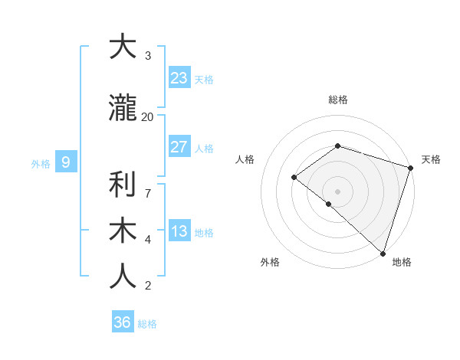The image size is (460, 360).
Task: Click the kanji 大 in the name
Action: [122, 47]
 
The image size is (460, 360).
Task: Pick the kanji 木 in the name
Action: [122, 231]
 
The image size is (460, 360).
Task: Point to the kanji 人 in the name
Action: [122, 277]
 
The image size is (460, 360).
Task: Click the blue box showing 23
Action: [179, 78]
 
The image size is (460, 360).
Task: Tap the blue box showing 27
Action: [179, 147]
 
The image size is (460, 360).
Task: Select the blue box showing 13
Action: [179, 231]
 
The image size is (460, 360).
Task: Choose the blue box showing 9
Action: [66, 162]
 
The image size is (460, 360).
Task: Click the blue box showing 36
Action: [123, 322]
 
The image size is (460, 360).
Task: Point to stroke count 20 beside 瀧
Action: [147, 116]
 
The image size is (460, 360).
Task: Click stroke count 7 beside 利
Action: [147, 185]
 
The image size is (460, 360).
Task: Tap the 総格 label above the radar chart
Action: [338, 100]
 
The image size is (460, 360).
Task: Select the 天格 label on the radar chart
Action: [431, 159]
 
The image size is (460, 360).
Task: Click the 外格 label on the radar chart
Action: [270, 262]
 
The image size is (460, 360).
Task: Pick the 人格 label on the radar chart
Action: [245, 159]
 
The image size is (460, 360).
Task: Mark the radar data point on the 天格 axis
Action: [410, 169]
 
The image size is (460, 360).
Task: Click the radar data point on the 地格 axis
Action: [383, 253]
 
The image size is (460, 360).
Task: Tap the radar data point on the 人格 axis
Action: [294, 178]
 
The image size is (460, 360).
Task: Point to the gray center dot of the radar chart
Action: [337, 191]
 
